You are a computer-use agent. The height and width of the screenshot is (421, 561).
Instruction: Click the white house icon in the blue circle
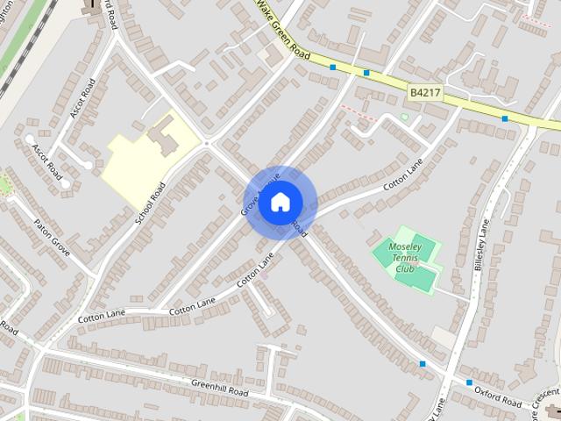[x=280, y=203]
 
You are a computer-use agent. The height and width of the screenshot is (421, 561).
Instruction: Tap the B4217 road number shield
[x=425, y=90]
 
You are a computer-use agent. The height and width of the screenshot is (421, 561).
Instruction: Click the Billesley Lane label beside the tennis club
[x=485, y=247]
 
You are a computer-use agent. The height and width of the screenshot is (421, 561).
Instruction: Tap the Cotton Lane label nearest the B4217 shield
[x=402, y=175]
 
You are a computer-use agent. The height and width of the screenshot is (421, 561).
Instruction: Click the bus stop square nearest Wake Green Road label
[x=333, y=67]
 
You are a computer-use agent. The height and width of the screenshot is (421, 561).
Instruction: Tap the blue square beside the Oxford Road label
[x=469, y=382]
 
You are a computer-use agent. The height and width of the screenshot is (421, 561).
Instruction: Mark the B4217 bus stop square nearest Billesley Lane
[x=504, y=118]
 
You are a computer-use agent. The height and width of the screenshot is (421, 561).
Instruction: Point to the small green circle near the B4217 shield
[x=404, y=117]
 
